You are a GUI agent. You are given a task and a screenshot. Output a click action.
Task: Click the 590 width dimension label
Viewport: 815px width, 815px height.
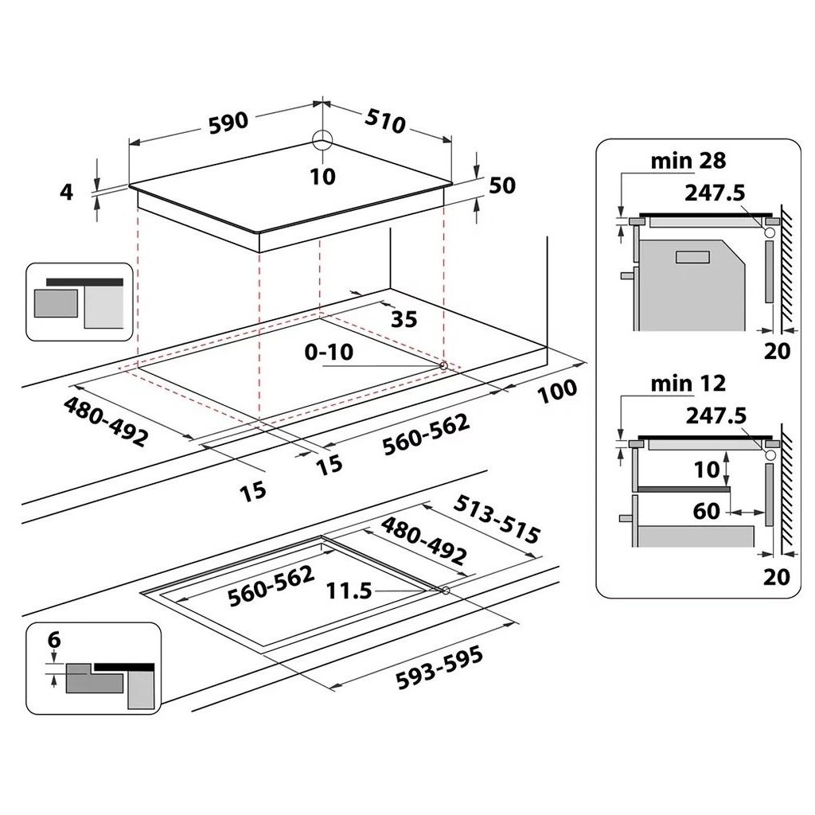click(x=229, y=121)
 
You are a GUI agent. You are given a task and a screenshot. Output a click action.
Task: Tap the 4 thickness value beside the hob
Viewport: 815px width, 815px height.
click(x=67, y=192)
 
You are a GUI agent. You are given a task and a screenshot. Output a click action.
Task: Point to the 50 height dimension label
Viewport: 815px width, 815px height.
click(x=502, y=185)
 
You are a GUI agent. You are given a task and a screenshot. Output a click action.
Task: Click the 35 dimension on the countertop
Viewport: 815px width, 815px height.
click(x=404, y=319)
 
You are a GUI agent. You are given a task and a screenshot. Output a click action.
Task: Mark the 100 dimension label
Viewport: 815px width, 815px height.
click(x=557, y=390)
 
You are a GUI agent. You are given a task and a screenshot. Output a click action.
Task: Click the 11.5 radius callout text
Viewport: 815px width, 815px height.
click(x=349, y=591)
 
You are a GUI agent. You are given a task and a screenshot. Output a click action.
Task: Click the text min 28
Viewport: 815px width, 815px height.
click(x=688, y=161)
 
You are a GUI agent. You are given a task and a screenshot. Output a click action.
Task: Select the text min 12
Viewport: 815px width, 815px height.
click(x=688, y=384)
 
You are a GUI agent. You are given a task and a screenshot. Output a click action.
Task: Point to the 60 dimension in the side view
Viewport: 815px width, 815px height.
click(x=706, y=511)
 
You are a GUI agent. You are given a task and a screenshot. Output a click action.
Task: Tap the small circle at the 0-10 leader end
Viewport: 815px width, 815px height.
click(x=443, y=365)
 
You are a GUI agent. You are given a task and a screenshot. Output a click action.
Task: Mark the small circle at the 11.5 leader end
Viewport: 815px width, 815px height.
click(x=445, y=591)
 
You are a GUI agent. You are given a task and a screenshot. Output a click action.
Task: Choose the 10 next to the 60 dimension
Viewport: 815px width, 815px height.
click(x=706, y=469)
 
